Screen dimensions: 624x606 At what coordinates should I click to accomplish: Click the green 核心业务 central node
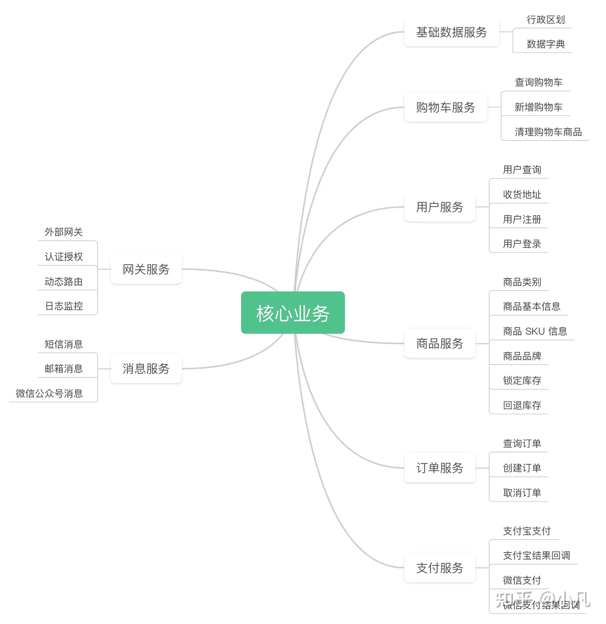point(292,313)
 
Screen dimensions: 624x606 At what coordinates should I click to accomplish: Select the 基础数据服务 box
point(451,32)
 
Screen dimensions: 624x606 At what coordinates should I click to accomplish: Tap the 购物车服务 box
point(445,107)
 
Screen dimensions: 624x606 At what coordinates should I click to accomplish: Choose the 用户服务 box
point(439,207)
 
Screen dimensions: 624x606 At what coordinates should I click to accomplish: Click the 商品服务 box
point(439,344)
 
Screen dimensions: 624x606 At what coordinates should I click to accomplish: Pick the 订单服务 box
point(439,468)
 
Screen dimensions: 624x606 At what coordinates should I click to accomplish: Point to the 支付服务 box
point(439,568)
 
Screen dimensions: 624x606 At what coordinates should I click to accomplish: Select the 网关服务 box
point(146,269)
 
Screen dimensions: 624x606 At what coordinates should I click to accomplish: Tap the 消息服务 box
point(146,369)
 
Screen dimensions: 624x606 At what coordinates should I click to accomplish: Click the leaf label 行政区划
point(545,20)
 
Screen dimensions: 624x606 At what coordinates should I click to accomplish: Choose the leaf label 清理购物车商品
point(548,132)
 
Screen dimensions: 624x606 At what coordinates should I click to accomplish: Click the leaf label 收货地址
point(522,194)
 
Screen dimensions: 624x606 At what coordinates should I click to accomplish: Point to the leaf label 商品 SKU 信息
point(534,331)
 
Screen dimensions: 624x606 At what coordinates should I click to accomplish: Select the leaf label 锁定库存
point(522,381)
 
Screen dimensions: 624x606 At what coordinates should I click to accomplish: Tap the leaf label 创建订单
point(522,468)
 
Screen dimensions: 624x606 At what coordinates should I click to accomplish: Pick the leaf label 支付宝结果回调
point(536,555)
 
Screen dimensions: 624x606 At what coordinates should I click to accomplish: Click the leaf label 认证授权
point(64,256)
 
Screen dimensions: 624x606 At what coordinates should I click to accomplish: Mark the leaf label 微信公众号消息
point(49,394)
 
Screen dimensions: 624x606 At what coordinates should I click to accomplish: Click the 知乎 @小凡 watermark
point(543,599)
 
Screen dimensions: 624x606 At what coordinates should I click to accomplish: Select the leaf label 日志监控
point(64,306)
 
